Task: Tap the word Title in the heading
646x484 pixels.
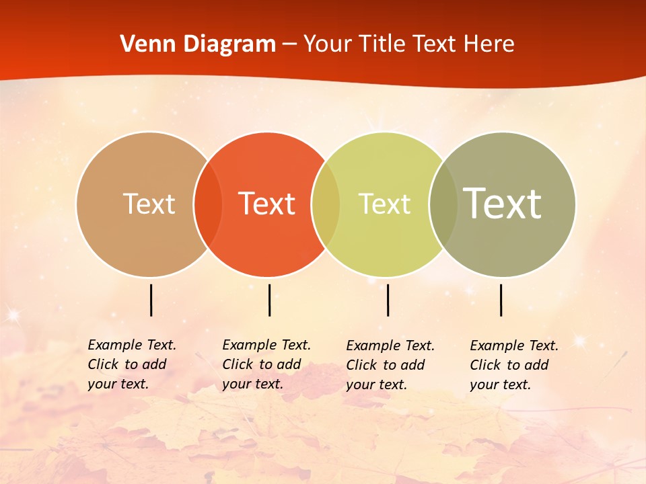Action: (381, 44)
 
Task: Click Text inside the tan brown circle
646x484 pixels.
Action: (149, 204)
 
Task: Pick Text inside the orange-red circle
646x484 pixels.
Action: (267, 204)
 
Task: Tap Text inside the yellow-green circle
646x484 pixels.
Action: (384, 204)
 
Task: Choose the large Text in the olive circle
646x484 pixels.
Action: (503, 204)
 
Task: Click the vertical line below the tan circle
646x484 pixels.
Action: (151, 300)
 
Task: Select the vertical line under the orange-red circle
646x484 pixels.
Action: (269, 300)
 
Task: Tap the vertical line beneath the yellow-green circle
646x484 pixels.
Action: (388, 300)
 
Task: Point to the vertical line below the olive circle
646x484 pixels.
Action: (501, 300)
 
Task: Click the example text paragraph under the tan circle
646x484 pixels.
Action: (131, 364)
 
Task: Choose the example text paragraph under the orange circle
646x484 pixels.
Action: (266, 364)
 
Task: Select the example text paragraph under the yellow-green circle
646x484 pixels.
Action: (390, 365)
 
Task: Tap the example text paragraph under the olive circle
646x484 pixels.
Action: (513, 365)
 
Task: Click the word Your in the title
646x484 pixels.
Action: (328, 44)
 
